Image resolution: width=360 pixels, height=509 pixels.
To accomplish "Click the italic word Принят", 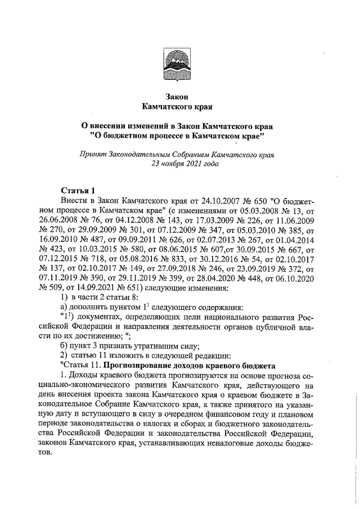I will (95, 154).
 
